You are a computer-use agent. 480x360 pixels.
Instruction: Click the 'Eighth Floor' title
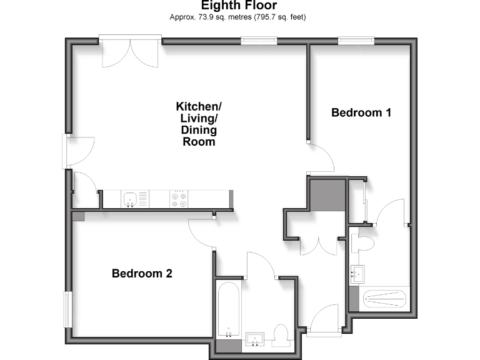pos(239,6)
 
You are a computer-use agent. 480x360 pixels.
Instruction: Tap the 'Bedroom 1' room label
pos(361,112)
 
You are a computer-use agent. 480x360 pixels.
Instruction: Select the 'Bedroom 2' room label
pos(142,273)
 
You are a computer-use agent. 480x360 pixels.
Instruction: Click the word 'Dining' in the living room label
pos(199,130)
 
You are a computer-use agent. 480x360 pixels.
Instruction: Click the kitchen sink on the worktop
pos(131,199)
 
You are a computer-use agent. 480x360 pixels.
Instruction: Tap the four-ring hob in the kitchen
pos(179,199)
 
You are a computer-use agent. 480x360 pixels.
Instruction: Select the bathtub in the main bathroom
pos(229,310)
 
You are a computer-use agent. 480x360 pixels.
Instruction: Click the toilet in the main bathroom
pos(282,335)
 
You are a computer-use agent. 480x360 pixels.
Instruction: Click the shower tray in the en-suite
pos(384,299)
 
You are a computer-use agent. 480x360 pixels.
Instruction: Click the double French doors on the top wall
pos(131,52)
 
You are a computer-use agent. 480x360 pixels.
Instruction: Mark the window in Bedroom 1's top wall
pos(356,41)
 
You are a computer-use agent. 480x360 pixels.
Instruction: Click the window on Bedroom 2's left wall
pos(66,309)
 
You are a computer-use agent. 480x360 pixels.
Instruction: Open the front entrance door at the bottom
pos(324,319)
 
